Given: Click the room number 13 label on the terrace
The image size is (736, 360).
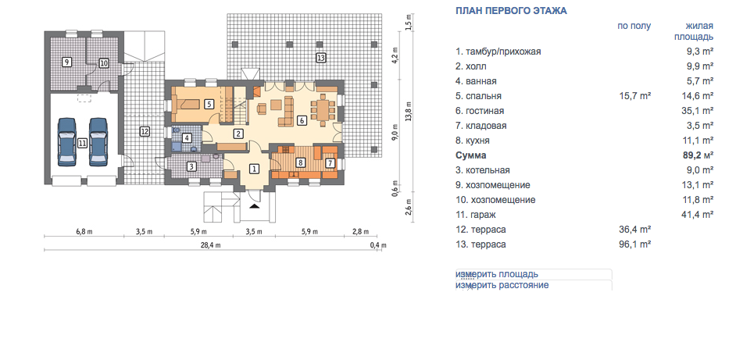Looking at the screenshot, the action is pyautogui.click(x=320, y=59).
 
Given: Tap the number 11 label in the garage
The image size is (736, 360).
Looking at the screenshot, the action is pyautogui.click(x=83, y=143).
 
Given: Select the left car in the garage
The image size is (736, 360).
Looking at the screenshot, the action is pyautogui.click(x=67, y=142).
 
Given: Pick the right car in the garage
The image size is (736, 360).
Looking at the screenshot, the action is pyautogui.click(x=98, y=142).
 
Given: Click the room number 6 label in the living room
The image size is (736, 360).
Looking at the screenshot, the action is pyautogui.click(x=302, y=120).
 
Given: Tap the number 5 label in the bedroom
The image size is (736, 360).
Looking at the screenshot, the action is pyautogui.click(x=209, y=104).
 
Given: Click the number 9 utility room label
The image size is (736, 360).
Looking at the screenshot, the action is pyautogui.click(x=67, y=62).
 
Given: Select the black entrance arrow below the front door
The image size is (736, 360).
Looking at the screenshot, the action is pyautogui.click(x=254, y=205).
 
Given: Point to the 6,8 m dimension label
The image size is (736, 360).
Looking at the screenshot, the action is pyautogui.click(x=84, y=232).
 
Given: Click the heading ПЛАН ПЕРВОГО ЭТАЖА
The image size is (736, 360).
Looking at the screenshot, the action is pyautogui.click(x=511, y=11).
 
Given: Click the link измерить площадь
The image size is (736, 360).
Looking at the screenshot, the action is pyautogui.click(x=497, y=274).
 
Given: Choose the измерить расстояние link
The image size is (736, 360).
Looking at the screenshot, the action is pyautogui.click(x=502, y=285).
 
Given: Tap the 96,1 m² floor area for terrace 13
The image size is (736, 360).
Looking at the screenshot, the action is pyautogui.click(x=635, y=244).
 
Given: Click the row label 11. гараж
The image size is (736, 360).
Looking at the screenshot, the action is pyautogui.click(x=476, y=215).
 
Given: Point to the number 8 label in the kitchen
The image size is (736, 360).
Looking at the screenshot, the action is pyautogui.click(x=301, y=162).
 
